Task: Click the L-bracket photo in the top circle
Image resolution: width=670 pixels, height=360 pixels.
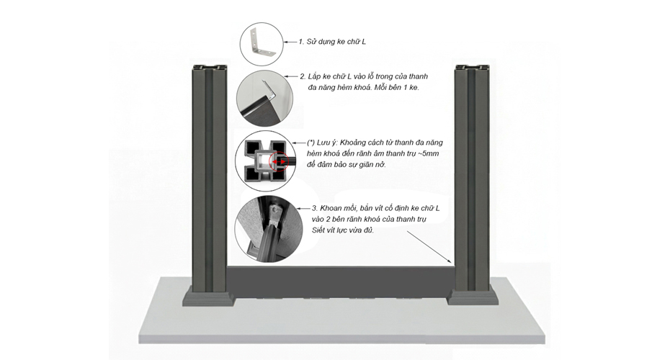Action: click(262, 44)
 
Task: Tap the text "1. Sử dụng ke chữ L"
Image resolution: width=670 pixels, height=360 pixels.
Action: click(332, 42)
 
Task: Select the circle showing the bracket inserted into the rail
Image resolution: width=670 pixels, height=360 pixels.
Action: click(264, 99)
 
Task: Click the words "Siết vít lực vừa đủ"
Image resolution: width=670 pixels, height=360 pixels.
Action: click(343, 230)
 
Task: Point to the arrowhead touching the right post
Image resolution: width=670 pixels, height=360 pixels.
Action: click(450, 261)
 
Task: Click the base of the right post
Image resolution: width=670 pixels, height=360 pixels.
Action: click(473, 295)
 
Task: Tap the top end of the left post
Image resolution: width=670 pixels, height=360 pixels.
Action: click(210, 68)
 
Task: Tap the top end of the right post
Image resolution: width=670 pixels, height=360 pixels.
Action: click(472, 68)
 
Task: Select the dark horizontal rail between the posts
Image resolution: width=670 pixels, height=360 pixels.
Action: click(341, 282)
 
